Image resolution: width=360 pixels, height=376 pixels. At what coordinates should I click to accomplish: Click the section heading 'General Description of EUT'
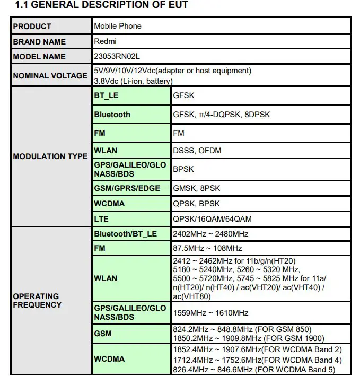tap(101, 5)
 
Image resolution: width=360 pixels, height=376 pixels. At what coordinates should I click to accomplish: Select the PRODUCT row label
tap(32, 27)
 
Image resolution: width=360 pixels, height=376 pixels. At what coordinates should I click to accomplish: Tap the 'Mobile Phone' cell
tap(118, 26)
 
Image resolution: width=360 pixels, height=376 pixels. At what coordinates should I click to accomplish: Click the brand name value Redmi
tap(105, 41)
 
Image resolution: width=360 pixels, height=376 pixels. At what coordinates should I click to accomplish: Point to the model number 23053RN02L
tap(117, 56)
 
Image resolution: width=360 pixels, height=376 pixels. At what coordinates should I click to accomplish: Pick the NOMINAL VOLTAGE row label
tap(50, 76)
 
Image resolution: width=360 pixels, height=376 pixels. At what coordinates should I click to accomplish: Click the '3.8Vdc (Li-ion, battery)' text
tap(133, 81)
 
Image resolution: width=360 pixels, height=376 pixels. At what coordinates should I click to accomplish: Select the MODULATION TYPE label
tap(50, 156)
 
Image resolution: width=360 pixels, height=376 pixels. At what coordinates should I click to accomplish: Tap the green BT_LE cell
tap(106, 96)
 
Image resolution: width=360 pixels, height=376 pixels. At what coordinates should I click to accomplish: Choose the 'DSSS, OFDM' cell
tap(197, 151)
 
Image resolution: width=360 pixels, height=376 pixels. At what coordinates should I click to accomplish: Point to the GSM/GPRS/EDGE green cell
tap(127, 188)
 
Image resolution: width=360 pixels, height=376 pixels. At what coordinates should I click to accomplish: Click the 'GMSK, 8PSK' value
tap(197, 188)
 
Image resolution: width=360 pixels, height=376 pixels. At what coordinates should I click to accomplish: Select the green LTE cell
tap(101, 218)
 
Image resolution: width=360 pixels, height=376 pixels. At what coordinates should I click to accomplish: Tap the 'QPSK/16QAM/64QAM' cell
tap(212, 218)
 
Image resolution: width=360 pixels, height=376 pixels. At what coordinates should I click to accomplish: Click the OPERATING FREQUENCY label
tap(37, 301)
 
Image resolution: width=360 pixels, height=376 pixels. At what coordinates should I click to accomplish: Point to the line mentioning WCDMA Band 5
tap(257, 369)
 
